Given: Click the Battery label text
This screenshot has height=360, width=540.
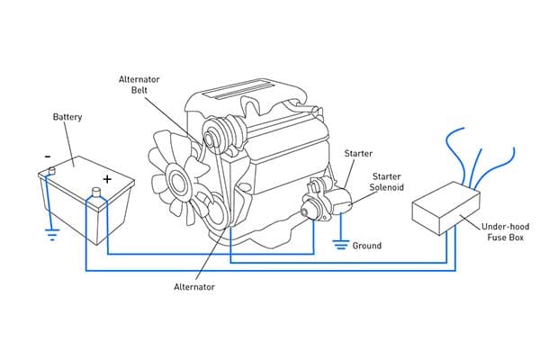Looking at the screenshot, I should [67, 118].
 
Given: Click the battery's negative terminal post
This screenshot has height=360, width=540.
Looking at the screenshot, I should [53, 169].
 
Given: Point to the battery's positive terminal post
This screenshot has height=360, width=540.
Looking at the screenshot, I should [96, 192].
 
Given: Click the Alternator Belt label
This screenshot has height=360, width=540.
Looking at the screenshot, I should [140, 85].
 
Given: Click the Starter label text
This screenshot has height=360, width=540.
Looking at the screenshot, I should [358, 154].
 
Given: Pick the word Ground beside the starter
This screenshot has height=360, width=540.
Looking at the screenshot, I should [367, 246].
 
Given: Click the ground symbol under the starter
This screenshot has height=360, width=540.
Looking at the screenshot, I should [339, 242].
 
